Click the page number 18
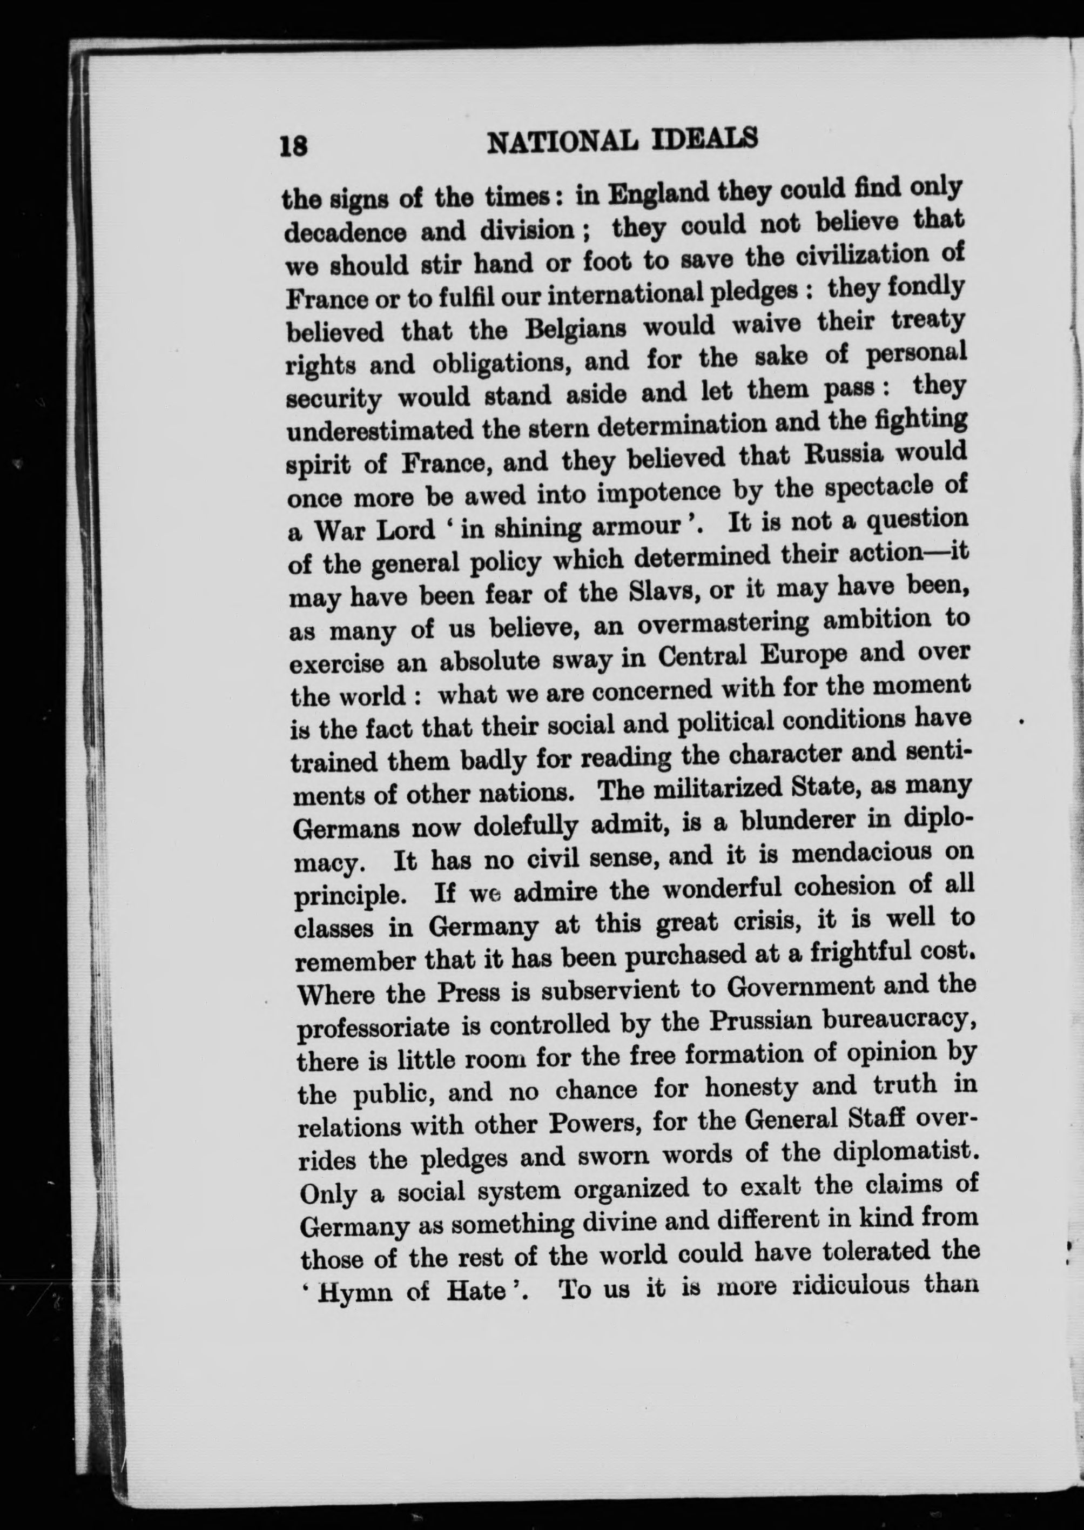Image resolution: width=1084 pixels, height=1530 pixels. [x=294, y=144]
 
